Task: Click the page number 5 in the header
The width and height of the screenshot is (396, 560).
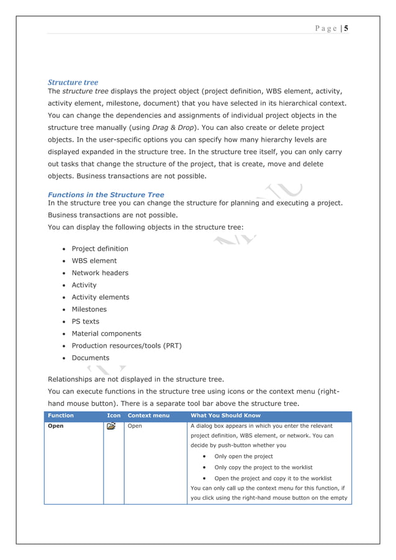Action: (346, 29)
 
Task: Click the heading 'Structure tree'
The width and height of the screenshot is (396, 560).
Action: (73, 82)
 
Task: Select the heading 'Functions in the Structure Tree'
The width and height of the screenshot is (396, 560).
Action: (106, 194)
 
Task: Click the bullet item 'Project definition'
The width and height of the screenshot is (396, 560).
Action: (100, 249)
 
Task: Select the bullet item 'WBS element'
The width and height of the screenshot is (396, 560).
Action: (94, 261)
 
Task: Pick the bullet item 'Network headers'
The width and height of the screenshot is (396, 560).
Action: (100, 273)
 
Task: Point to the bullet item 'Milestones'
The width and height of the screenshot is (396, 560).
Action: (89, 309)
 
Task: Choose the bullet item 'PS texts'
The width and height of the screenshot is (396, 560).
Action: (85, 322)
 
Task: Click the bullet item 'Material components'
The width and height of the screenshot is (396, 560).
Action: (106, 333)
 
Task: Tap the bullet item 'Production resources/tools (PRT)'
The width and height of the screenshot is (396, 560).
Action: (126, 346)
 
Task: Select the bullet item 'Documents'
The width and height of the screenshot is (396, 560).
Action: (90, 358)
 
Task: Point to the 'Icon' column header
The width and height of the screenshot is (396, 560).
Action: (114, 415)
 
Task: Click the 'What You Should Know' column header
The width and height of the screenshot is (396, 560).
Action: (225, 415)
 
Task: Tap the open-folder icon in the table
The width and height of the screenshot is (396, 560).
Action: (111, 427)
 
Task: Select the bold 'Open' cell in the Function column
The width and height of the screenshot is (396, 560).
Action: (56, 427)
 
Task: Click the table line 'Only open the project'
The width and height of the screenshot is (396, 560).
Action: (243, 456)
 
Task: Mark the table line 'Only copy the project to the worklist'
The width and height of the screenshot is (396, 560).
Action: (263, 467)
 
